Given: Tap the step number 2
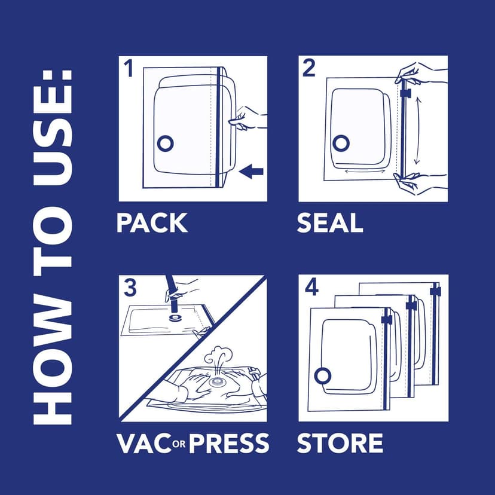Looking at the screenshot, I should [308, 69].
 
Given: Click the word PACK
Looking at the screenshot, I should [152, 223].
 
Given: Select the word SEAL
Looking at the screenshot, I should [330, 223].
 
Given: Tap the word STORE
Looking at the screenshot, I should [340, 443].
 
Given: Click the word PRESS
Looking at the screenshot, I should [229, 443].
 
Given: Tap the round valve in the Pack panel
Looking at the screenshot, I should [164, 143].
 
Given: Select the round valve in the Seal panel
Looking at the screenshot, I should [341, 142].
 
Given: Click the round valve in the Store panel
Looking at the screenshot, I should [323, 375].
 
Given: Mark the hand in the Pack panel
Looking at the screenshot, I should [248, 117].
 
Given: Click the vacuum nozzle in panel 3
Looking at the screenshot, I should [174, 295].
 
